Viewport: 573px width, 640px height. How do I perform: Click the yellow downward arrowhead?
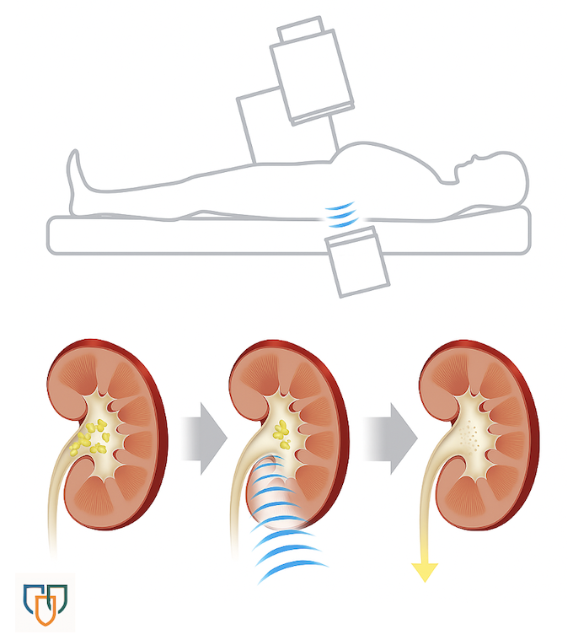(424, 572)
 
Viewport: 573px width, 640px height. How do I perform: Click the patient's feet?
(77, 173)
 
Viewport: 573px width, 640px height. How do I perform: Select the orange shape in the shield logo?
(49, 610)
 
